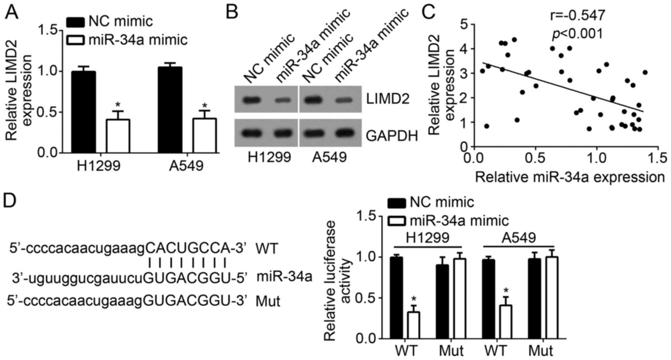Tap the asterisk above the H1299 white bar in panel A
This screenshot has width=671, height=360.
coord(118,105)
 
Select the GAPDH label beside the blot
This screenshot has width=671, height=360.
coord(392,135)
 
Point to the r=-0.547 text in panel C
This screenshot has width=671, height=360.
coord(578,16)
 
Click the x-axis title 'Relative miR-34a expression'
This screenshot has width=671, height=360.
coord(570,177)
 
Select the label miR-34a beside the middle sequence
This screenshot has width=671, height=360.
coord(284,276)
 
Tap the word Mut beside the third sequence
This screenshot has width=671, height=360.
coord(268,301)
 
